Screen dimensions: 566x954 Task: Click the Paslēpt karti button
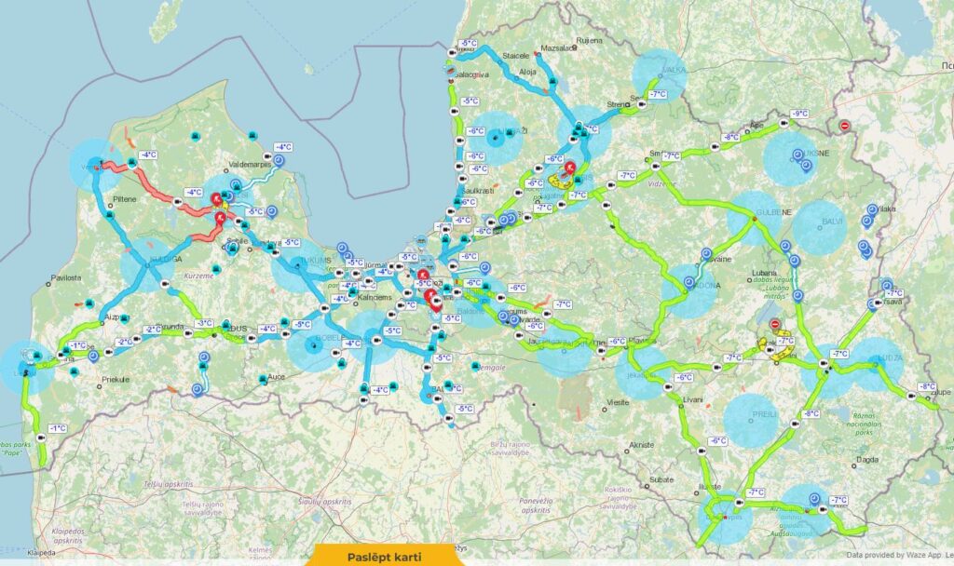[x=386, y=556]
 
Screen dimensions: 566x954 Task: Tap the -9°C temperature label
[x=798, y=114]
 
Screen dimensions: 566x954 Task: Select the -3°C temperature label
[x=203, y=323]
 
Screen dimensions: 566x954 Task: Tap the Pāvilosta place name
[x=69, y=277]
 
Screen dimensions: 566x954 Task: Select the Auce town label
[x=277, y=377]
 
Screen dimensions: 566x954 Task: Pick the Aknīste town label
[x=641, y=445]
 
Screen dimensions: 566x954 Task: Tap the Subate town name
[x=661, y=478]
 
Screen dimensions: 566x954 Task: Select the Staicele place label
[x=515, y=56]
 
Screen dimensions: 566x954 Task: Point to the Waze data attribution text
[x=899, y=555]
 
